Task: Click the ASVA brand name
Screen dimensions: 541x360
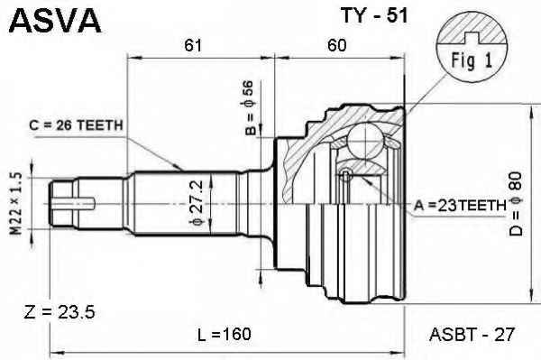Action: (x=55, y=21)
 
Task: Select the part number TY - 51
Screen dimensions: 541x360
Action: (x=374, y=15)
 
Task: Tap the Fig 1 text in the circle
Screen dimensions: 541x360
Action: (x=472, y=60)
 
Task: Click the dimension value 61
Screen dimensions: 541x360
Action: (x=193, y=45)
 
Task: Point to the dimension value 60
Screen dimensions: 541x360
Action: (x=336, y=45)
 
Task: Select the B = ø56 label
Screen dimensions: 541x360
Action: (x=250, y=107)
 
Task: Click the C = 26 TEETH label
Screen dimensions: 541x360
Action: (x=77, y=125)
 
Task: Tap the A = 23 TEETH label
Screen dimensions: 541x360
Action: (x=460, y=206)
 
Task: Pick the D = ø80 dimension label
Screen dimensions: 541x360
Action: (x=516, y=204)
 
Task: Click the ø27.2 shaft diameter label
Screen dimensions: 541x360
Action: (x=197, y=203)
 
